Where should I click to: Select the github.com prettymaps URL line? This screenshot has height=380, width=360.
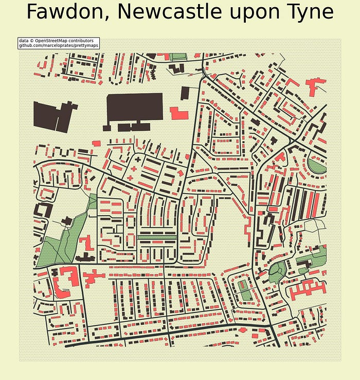(x=58, y=46)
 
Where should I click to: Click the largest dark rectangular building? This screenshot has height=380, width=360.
(x=134, y=108)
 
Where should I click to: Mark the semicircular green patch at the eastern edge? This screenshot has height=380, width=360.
(x=317, y=166)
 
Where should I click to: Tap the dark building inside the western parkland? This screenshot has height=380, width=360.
(x=66, y=221)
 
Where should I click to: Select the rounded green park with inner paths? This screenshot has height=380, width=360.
(x=277, y=269)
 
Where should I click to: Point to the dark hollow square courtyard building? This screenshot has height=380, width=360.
(x=42, y=211)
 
